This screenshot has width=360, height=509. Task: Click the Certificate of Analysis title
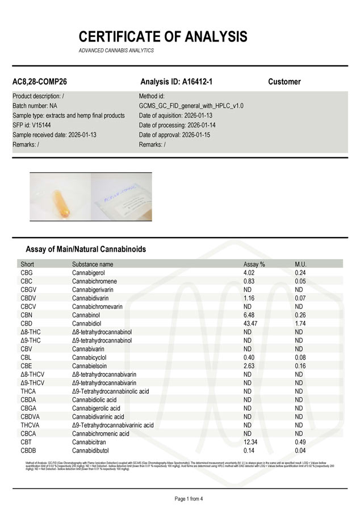click(163, 37)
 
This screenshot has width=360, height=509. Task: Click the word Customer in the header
click(284, 82)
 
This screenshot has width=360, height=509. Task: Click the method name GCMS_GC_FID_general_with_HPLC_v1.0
click(191, 106)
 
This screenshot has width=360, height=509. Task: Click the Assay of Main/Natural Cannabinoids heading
click(86, 249)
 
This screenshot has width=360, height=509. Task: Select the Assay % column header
click(254, 264)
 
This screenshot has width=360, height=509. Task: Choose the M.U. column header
click(301, 264)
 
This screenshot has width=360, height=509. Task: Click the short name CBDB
click(29, 450)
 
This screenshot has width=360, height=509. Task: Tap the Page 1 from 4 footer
click(179, 499)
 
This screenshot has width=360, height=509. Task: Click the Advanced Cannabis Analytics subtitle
click(116, 51)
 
